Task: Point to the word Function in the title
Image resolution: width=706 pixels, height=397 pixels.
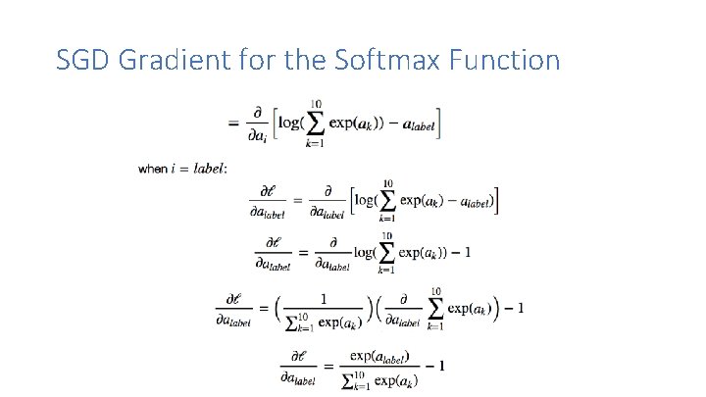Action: coord(504,61)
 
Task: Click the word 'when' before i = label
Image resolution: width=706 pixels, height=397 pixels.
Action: coord(151,169)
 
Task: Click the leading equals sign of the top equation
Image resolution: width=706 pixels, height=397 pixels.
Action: coord(233,123)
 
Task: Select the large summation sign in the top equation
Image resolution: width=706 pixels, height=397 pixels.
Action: coord(315,123)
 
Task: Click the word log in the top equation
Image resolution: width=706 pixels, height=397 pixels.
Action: coord(290,124)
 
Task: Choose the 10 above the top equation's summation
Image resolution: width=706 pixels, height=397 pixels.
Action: coord(316,103)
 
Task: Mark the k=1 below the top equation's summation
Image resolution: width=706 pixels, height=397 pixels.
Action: coord(316,143)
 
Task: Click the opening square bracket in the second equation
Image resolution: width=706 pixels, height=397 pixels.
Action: coord(350,200)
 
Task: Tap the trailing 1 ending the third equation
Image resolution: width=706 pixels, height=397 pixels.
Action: coord(467,252)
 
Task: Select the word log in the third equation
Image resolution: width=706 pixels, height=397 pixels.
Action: coord(364,252)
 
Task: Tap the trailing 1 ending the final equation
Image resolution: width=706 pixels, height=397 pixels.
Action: coord(442,366)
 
